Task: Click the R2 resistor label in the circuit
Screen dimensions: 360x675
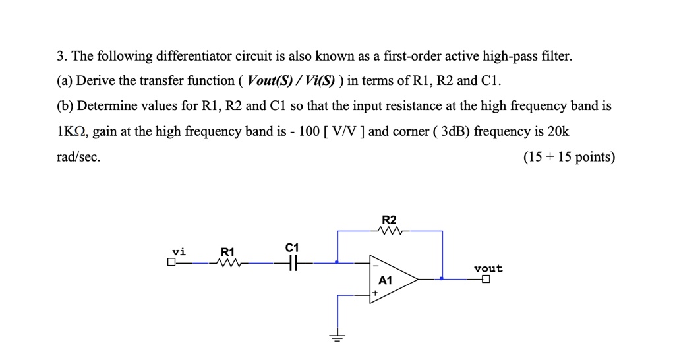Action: click(390, 220)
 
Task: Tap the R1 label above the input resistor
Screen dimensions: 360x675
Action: click(227, 251)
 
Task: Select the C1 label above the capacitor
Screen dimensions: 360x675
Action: click(293, 247)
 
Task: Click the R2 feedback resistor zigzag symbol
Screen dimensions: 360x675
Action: click(390, 231)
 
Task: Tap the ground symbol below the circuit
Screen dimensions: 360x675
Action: click(337, 338)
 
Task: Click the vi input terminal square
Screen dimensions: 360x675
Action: click(171, 263)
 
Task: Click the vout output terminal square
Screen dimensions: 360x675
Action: click(486, 280)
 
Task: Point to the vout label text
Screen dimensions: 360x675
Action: click(488, 268)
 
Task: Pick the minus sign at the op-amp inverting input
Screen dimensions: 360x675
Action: click(376, 265)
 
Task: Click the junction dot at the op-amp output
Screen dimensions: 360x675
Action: click(442, 279)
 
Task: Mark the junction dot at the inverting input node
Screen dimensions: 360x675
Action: click(337, 263)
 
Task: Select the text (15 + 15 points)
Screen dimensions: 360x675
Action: click(569, 157)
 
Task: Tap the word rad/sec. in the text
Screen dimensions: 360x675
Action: click(79, 157)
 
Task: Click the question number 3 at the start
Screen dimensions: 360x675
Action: click(60, 57)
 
